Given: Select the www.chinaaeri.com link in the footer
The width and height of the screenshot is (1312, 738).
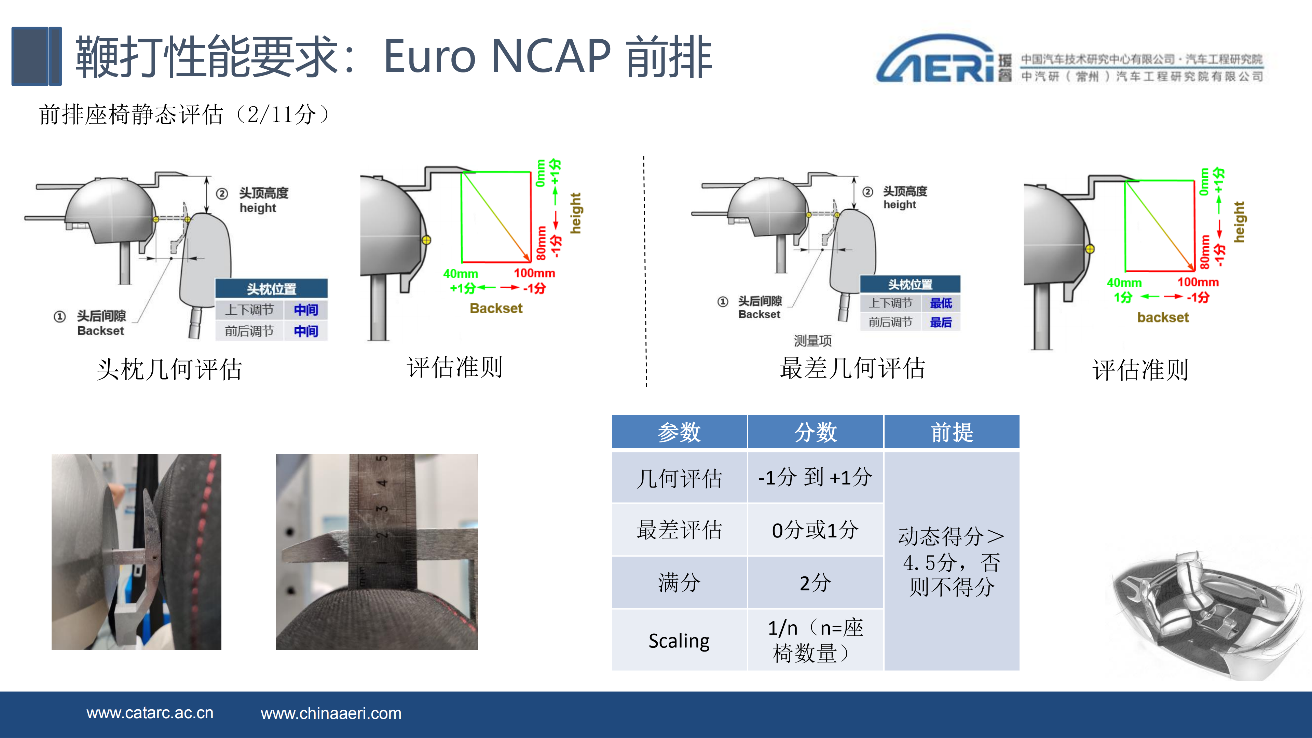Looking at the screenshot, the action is [x=331, y=713].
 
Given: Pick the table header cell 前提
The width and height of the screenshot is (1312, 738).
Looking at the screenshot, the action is [x=952, y=432].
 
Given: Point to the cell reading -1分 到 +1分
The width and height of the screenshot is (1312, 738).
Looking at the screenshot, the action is [x=815, y=478].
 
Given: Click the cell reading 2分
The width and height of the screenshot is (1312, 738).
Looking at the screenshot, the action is [x=815, y=583].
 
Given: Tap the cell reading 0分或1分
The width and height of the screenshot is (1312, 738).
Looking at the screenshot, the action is [x=815, y=530].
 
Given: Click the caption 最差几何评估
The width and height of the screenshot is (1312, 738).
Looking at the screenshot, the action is [x=852, y=368].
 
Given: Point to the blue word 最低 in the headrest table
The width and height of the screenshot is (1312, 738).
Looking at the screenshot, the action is [x=941, y=303].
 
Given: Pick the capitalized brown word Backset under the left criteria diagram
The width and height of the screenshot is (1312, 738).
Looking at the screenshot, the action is [x=496, y=308].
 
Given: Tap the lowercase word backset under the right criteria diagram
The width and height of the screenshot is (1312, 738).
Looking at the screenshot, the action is [x=1163, y=317].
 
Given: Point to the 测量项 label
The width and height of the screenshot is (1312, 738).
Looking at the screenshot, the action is [x=812, y=340].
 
